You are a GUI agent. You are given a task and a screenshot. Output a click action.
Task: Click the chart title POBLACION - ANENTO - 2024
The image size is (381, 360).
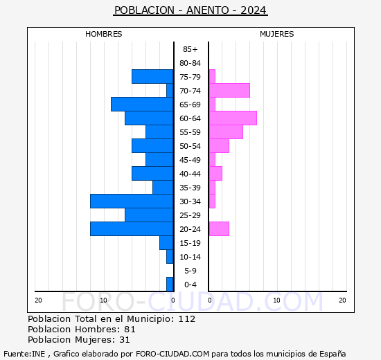(x=190, y=10)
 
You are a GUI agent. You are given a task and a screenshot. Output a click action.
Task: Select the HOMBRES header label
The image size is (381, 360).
(x=104, y=34)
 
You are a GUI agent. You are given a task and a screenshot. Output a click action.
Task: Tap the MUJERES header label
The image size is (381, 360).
(x=277, y=34)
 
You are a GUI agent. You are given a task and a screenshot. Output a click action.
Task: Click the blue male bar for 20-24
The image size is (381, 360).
(x=132, y=228)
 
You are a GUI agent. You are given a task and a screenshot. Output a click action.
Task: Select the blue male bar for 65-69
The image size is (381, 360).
(x=142, y=104)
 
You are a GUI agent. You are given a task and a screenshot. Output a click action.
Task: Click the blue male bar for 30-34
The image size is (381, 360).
(x=132, y=201)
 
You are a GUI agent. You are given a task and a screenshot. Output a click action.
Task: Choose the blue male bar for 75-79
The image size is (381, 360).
(x=152, y=76)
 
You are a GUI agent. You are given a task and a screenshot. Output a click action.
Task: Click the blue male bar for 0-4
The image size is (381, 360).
(x=170, y=284)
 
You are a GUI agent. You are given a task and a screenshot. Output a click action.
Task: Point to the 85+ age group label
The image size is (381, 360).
(x=190, y=49)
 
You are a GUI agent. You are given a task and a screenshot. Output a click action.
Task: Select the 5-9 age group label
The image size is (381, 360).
(x=190, y=271)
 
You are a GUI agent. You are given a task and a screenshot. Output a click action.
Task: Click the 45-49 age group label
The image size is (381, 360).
(x=190, y=160)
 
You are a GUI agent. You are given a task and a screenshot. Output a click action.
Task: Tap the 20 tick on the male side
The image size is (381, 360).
(x=39, y=300)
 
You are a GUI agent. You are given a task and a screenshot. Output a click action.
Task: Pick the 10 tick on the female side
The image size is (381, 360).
(x=276, y=300)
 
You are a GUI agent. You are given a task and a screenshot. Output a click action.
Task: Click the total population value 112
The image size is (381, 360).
(x=186, y=319)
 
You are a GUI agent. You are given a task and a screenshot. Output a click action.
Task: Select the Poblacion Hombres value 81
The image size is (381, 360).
(x=130, y=330)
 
